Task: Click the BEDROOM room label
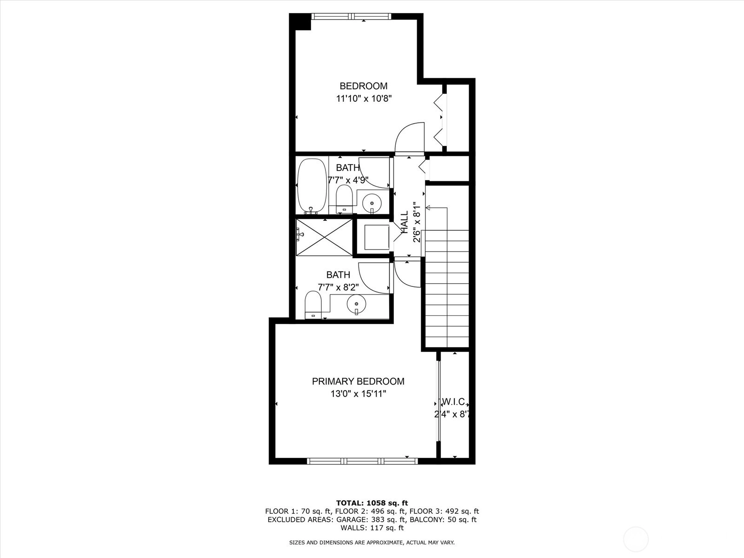[x=363, y=86]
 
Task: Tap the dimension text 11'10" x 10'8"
[x=364, y=99]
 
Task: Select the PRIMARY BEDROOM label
[x=358, y=381]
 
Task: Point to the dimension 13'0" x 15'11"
[x=358, y=394]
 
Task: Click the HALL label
[x=405, y=222]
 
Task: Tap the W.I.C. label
[x=454, y=402]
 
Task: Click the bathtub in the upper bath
[x=312, y=186]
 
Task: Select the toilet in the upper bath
[x=345, y=199]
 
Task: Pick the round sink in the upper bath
[x=372, y=203]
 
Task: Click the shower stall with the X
[x=325, y=237]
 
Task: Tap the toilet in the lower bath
[x=313, y=305]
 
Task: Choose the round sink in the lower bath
[x=356, y=304]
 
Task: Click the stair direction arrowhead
[x=428, y=207]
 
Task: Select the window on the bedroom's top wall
[x=351, y=16]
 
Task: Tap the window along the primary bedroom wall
[x=362, y=461]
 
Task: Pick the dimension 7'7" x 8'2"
[x=338, y=287]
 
